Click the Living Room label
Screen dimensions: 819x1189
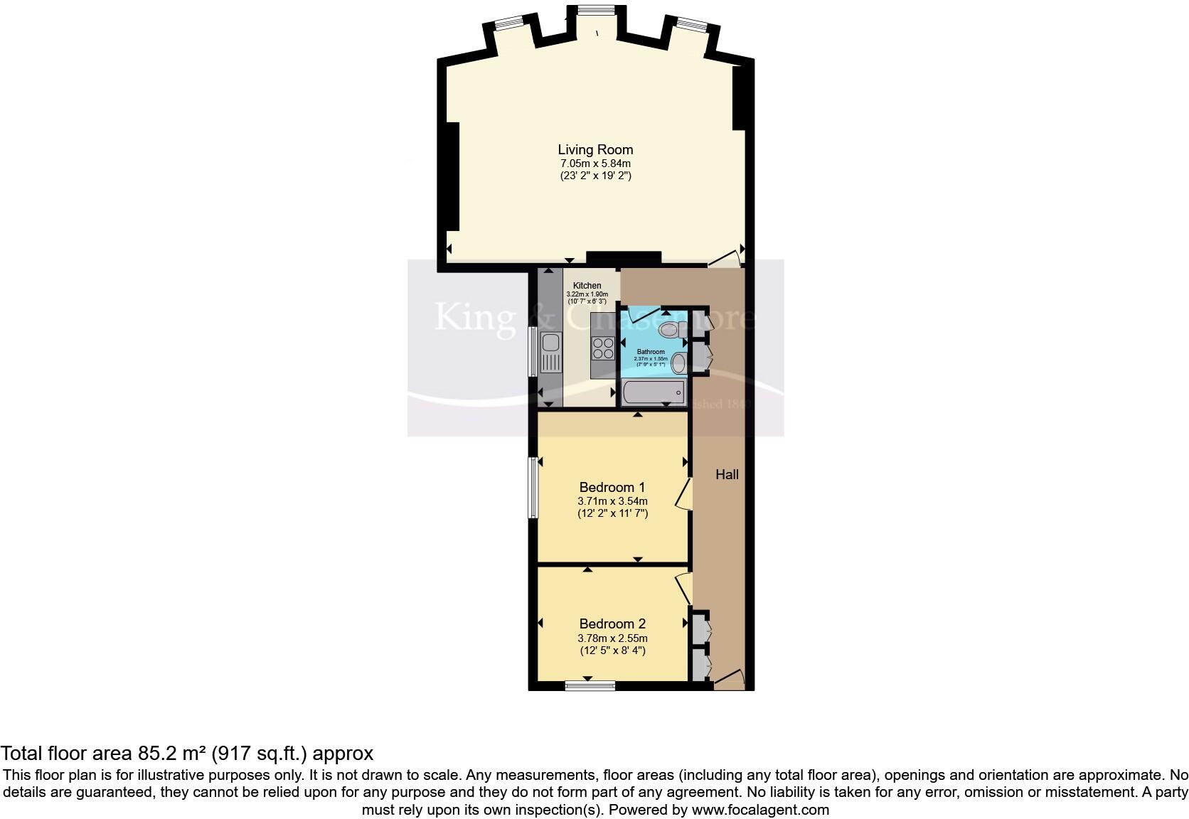pos(595,150)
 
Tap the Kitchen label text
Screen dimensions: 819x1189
pos(587,286)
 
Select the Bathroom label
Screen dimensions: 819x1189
pos(651,352)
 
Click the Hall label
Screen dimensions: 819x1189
pos(727,474)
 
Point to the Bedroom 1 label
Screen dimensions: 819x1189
pos(612,487)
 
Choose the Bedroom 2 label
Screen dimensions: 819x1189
pos(612,623)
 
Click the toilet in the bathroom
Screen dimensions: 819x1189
pos(670,329)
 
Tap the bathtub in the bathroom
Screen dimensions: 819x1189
pos(652,392)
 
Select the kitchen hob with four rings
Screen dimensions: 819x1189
pos(604,348)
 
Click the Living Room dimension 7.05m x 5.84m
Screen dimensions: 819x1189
pos(595,163)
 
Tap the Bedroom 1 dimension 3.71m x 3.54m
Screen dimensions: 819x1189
pos(612,500)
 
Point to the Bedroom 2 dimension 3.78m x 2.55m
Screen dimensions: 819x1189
pos(612,638)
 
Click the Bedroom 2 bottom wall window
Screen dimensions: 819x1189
pos(590,685)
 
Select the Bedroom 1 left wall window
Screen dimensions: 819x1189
pos(532,487)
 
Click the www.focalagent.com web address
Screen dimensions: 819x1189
pos(760,809)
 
